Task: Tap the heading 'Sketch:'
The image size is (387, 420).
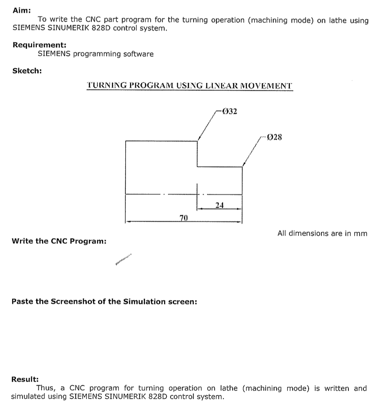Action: [x=27, y=70]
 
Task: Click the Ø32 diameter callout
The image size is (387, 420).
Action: [x=230, y=111]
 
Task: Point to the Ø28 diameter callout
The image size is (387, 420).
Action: [x=274, y=136]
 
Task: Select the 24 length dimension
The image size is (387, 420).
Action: [x=220, y=205]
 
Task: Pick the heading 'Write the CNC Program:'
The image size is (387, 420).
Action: [x=59, y=241]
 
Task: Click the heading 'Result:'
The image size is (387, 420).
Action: [x=25, y=379]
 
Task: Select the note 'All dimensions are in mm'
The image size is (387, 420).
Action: [x=322, y=233]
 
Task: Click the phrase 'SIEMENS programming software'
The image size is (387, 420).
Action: [x=96, y=54]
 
